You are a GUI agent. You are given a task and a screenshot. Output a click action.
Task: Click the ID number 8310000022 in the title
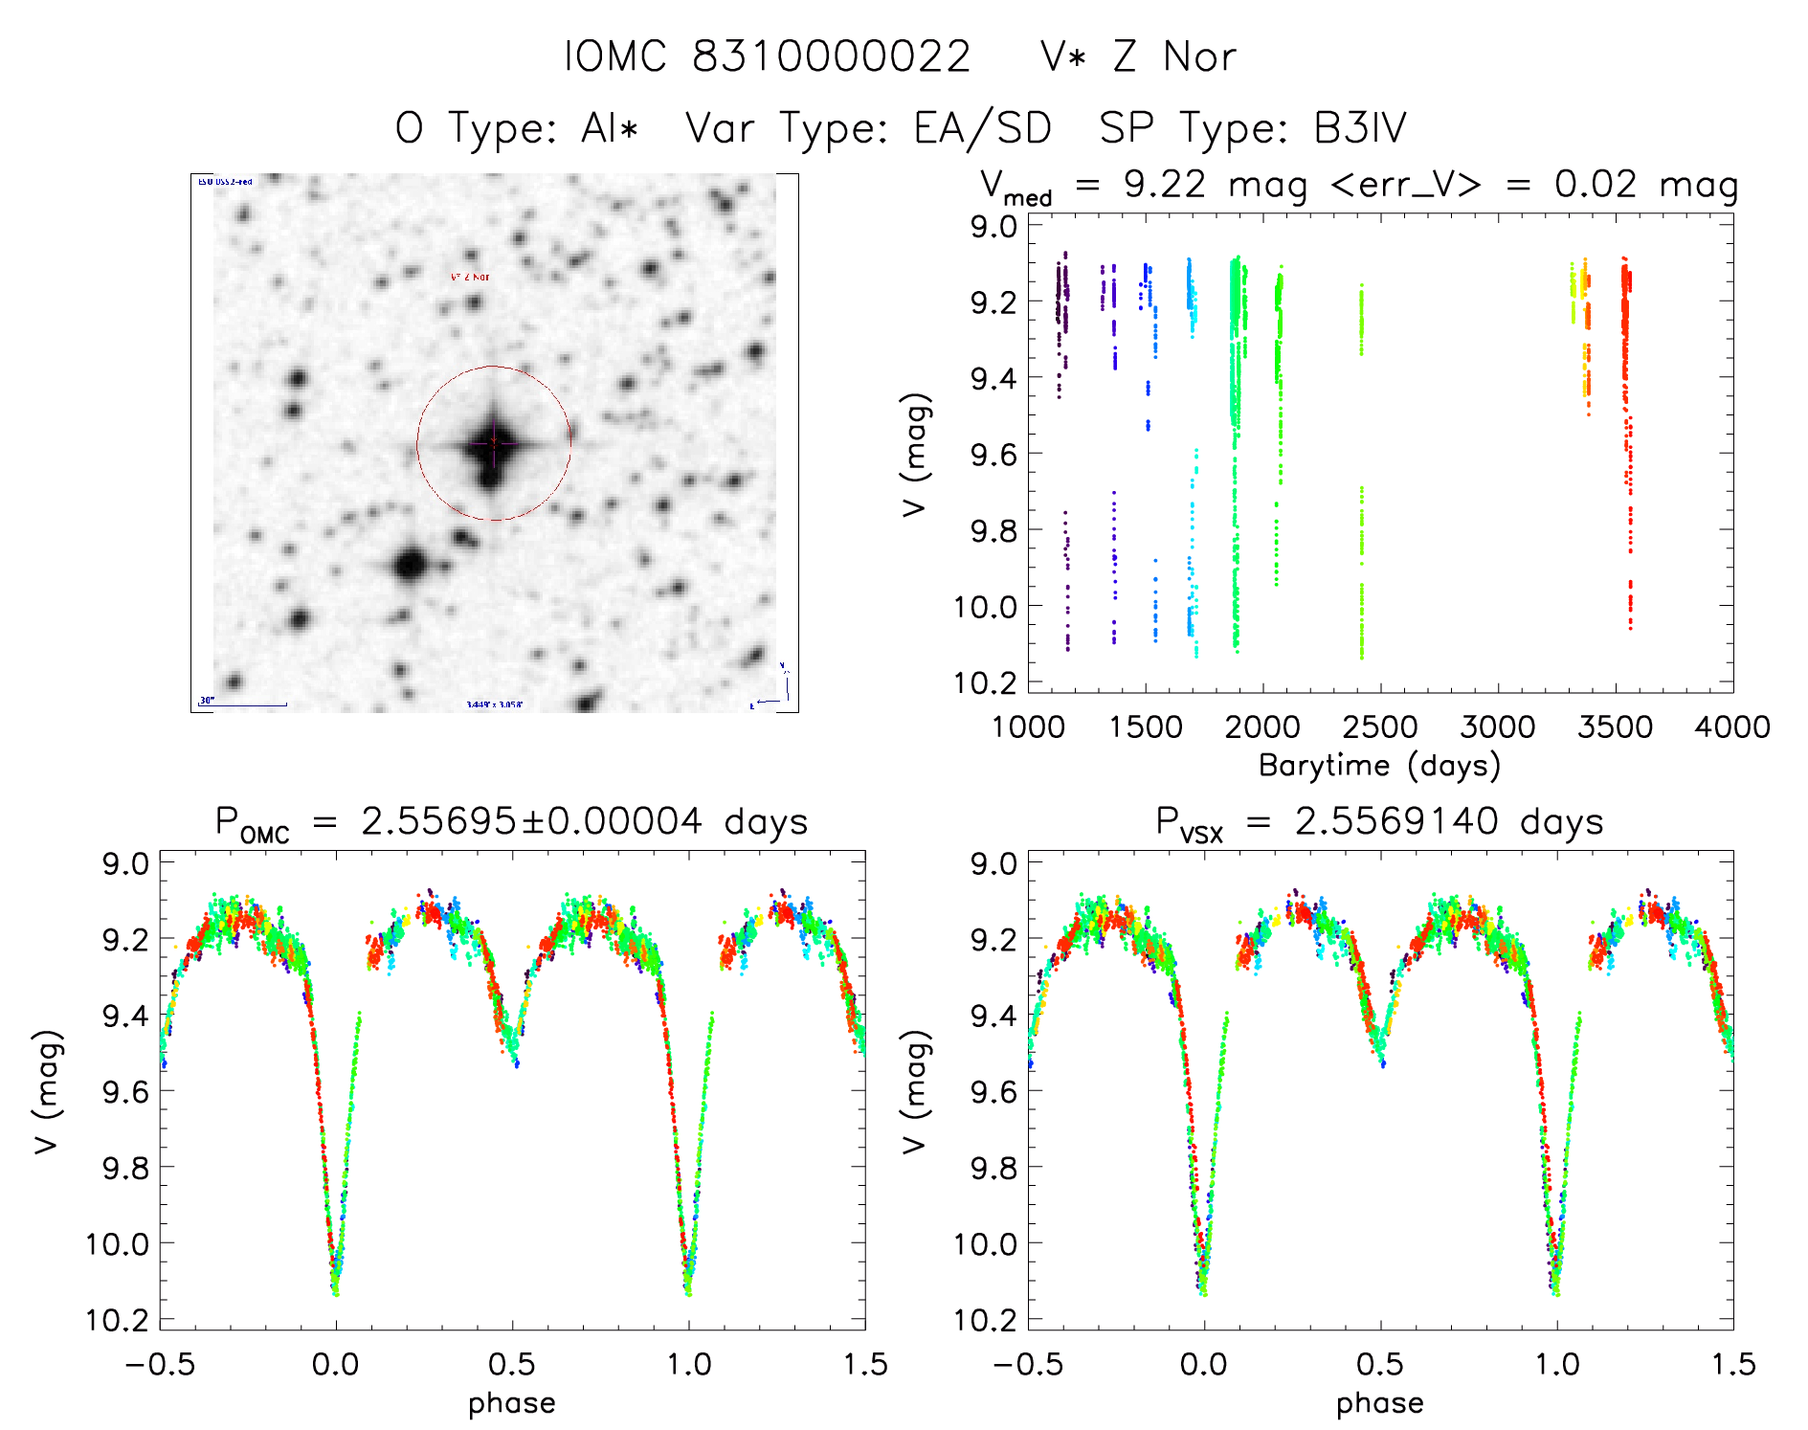tap(831, 56)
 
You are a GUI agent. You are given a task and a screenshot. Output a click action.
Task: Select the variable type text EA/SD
tap(983, 128)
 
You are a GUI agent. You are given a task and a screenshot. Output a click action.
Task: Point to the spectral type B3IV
tap(1360, 128)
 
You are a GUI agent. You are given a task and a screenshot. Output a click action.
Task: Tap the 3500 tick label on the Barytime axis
tap(1615, 727)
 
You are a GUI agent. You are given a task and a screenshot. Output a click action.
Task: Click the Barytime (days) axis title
tap(1379, 766)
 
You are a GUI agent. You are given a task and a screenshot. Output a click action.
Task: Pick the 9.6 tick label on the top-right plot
tap(993, 455)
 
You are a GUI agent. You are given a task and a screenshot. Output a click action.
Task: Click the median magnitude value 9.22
tap(1165, 185)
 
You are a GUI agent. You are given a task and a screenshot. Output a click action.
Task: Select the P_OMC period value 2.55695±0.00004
tap(531, 821)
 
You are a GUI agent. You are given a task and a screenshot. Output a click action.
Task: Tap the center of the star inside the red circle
tap(493, 443)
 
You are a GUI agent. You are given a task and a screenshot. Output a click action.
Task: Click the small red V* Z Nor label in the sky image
tap(470, 278)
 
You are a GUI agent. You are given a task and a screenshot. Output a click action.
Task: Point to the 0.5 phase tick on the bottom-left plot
tap(511, 1365)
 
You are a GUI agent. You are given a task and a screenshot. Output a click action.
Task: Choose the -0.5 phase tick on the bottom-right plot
tap(1028, 1365)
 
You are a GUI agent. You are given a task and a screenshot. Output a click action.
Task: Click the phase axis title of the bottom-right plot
tap(1379, 1404)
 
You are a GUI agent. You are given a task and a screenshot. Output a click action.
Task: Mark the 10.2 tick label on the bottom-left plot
tap(118, 1321)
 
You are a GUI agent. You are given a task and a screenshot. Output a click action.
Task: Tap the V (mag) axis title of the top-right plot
tap(915, 455)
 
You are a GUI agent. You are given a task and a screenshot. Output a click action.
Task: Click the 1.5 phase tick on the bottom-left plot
tap(864, 1365)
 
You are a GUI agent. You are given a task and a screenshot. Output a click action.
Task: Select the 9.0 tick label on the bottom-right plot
tap(993, 864)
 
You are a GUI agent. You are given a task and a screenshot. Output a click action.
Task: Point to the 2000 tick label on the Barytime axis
tap(1262, 727)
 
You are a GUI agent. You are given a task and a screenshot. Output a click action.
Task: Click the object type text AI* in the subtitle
tap(609, 128)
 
